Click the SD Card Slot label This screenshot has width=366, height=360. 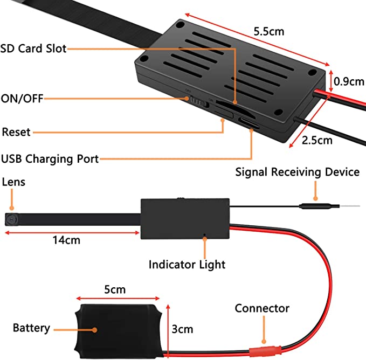coord(33,49)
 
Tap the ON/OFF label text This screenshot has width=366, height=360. coord(22,99)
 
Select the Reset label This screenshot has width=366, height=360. coord(17,132)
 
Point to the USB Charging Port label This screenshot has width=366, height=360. coord(50,158)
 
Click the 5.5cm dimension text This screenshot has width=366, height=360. coord(268,31)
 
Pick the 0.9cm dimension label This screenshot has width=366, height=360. coord(349,82)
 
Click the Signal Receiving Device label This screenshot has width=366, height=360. coord(297,172)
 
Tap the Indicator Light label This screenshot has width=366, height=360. coord(187,265)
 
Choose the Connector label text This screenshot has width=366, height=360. coord(262,309)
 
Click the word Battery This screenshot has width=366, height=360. coord(31,328)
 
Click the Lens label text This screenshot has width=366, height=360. coord(13,183)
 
